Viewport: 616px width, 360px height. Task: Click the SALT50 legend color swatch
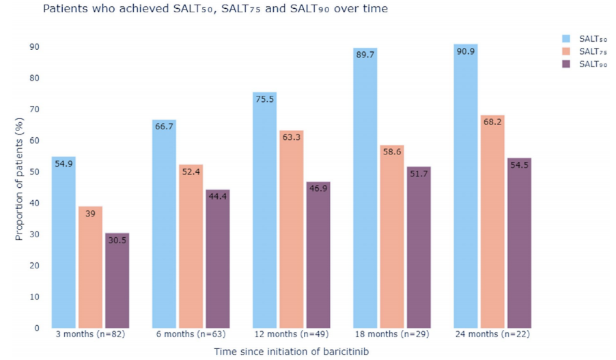click(x=566, y=39)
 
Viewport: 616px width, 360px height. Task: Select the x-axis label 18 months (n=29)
click(x=392, y=335)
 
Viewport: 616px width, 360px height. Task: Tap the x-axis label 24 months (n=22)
click(x=492, y=335)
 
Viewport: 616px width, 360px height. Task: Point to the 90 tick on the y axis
click(x=34, y=47)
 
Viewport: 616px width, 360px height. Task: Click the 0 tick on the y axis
click(x=37, y=328)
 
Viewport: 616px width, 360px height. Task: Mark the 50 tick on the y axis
click(x=34, y=172)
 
